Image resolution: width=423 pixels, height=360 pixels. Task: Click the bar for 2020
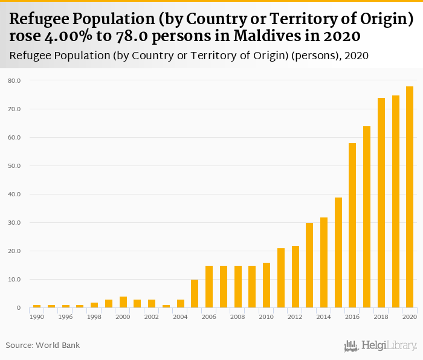coord(410,197)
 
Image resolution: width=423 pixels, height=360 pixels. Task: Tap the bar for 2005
coord(195,294)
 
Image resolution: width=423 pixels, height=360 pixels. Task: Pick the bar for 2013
coord(309,265)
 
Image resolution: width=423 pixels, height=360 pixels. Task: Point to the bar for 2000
coord(123,302)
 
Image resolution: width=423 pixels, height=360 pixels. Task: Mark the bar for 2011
coord(280,278)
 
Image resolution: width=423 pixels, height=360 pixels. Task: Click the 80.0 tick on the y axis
coord(15,80)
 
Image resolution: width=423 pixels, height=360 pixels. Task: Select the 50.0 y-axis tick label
coord(15,166)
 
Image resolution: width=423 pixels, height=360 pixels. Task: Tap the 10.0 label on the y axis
coord(15,280)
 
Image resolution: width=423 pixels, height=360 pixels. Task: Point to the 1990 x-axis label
coord(37,317)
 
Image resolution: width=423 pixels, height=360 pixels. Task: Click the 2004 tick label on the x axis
coord(180,317)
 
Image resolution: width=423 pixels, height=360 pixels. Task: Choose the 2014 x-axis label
coord(323,317)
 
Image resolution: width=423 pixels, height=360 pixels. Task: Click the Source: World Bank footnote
coord(43,346)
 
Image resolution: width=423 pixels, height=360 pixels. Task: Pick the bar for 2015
coord(338,252)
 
